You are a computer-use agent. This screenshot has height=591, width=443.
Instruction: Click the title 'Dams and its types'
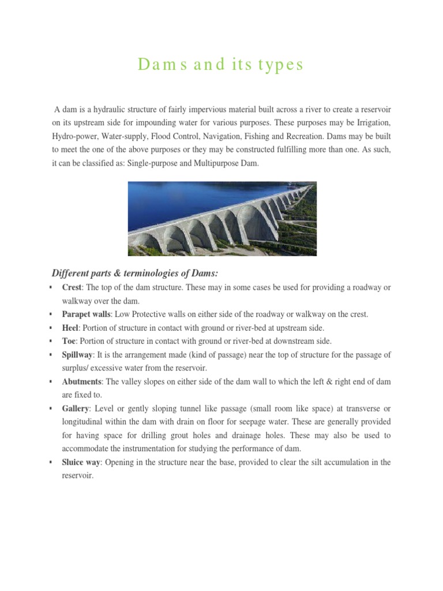click(x=221, y=65)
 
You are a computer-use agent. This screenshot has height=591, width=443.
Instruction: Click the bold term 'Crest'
click(x=72, y=287)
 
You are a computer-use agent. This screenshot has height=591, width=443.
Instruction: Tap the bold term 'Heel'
click(x=70, y=327)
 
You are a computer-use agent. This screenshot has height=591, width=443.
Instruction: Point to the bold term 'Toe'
click(x=69, y=341)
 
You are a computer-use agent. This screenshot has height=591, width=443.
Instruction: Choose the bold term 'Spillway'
click(x=77, y=354)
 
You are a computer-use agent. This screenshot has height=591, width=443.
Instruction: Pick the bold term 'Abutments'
click(x=82, y=381)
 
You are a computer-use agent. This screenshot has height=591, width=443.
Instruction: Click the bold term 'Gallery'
click(x=76, y=408)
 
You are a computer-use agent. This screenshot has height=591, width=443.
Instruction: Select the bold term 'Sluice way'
click(x=81, y=462)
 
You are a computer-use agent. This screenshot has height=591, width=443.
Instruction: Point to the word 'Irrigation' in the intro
click(x=373, y=123)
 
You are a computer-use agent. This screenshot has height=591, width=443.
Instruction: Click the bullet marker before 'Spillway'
click(x=52, y=355)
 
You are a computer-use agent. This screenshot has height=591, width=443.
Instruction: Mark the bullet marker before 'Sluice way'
click(x=52, y=462)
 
